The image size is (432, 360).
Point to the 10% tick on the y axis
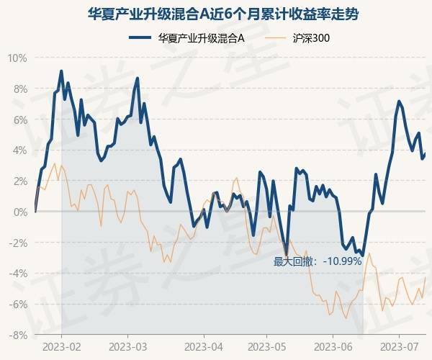pyautogui.click(x=17, y=58)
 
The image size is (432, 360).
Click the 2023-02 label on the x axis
pyautogui.click(x=61, y=346)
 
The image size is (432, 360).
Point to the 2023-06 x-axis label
pyautogui.click(x=333, y=346)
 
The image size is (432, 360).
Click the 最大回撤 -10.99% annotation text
pyautogui.click(x=317, y=261)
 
